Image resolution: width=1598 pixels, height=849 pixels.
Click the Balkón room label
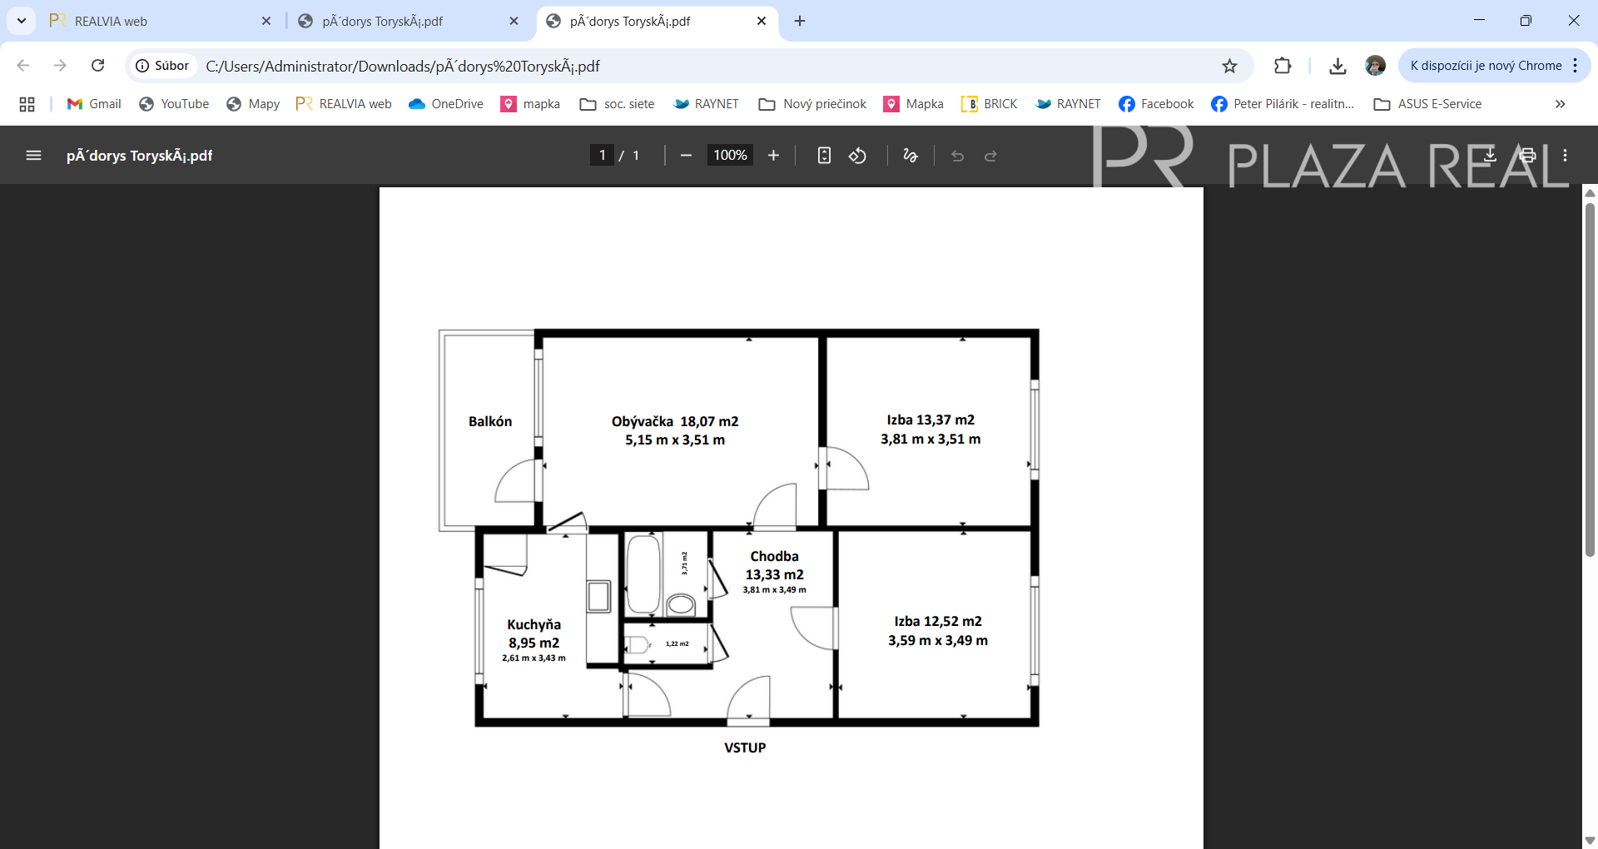coord(490,421)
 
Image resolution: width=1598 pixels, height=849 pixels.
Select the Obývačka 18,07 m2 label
coord(675,421)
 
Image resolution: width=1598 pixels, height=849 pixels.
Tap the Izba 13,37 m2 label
coord(931,420)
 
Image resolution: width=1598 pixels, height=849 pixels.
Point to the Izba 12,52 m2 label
coord(938,621)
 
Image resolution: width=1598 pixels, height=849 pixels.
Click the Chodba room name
coord(774,556)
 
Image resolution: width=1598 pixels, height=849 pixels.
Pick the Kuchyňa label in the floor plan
coord(533,624)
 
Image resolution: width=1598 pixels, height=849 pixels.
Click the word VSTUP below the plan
coord(745,747)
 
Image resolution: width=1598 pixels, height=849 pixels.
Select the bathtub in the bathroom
coord(643,575)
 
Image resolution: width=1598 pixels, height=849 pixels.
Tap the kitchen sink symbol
coord(598,597)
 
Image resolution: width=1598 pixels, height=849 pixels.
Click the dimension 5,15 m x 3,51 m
coord(675,439)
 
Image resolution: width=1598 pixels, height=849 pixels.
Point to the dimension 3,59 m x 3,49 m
coord(938,640)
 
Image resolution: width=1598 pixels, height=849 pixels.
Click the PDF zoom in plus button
coord(773,155)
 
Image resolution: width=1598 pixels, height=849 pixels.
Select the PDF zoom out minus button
coord(686,155)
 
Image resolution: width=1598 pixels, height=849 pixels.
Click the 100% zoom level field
coord(730,155)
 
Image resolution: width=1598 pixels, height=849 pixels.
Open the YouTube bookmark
coord(174,104)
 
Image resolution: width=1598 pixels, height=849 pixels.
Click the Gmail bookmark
coord(94,104)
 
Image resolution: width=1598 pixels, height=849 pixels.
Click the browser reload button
coord(98,65)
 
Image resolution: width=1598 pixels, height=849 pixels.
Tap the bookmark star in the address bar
coord(1229,66)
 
